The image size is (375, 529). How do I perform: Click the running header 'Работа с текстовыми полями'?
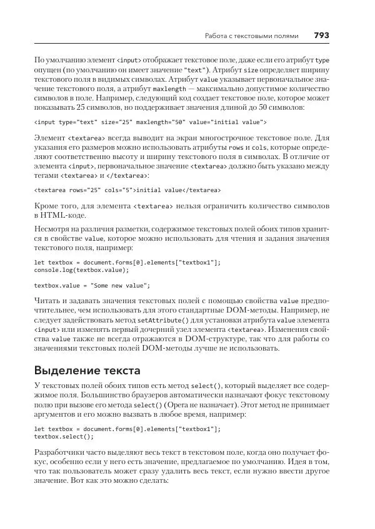coord(252,36)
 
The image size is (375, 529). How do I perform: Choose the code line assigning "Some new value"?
coord(92,285)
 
